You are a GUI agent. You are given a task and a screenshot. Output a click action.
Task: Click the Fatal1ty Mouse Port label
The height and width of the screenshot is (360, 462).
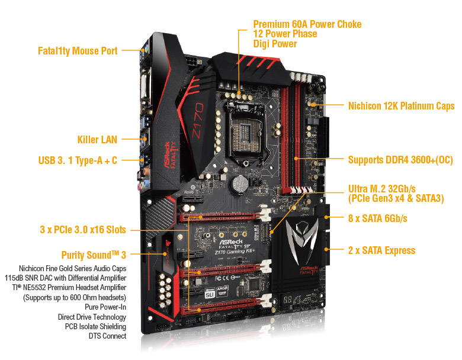(77, 51)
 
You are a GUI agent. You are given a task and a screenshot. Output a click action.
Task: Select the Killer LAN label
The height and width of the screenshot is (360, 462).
(97, 140)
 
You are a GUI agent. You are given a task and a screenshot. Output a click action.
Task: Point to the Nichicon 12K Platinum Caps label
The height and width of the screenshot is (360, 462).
(401, 106)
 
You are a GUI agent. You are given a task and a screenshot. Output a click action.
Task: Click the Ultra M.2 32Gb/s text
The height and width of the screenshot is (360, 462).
(386, 189)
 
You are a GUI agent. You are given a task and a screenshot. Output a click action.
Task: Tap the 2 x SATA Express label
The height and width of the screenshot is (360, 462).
(381, 250)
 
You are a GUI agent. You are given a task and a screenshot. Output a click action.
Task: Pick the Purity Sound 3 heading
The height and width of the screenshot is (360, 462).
(94, 255)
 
